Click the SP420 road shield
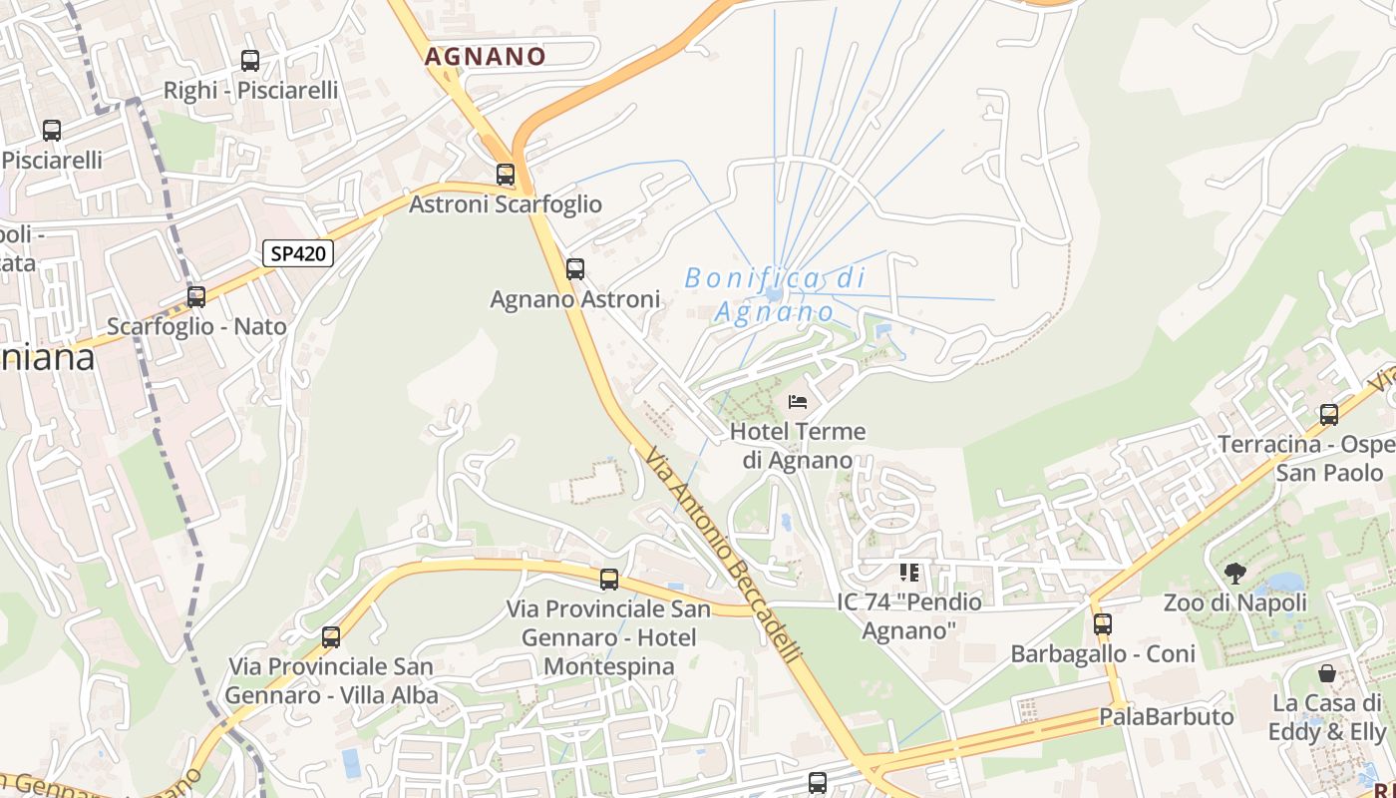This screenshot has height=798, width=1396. coord(298,253)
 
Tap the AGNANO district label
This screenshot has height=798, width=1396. coord(486,57)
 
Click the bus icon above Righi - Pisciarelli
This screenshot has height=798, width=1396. coord(250,61)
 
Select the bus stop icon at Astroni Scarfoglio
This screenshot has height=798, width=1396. coord(506,175)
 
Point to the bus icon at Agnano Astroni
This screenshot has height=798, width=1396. coord(575,269)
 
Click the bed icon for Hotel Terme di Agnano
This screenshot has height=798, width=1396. coord(798,402)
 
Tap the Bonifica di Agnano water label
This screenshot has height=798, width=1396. coord(775,295)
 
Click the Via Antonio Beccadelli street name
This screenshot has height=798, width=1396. coord(722,556)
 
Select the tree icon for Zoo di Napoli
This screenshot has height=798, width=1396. coord(1234,574)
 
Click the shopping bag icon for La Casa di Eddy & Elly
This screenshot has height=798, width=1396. coord(1327,673)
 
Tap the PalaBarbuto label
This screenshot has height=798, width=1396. coord(1166,717)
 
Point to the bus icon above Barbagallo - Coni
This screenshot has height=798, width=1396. coord(1102,624)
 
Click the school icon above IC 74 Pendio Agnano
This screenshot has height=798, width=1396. coord(908,573)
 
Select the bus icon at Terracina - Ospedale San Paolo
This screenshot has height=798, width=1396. coord(1328,415)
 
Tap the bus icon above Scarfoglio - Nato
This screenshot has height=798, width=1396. coord(196,297)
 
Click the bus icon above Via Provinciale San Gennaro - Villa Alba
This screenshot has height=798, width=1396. coord(331,637)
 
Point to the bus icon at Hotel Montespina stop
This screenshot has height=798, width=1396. coord(609,580)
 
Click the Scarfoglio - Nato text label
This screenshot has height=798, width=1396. coord(196,327)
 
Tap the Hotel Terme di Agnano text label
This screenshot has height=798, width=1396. coord(798,446)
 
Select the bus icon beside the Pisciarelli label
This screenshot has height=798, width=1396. coord(52,131)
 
